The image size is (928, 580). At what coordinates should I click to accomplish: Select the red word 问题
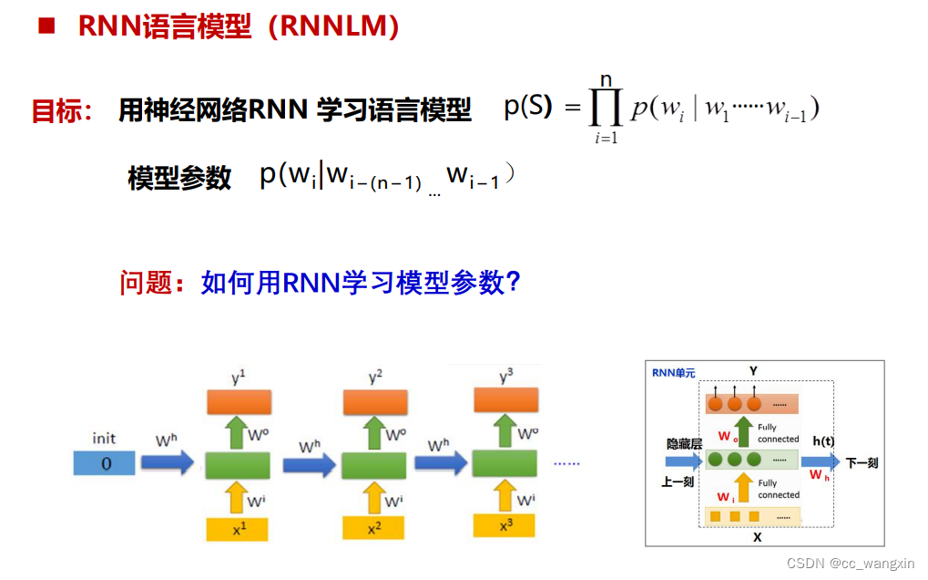(146, 283)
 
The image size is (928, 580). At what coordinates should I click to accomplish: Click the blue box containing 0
(105, 464)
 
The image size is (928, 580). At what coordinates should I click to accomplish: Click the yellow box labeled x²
(373, 528)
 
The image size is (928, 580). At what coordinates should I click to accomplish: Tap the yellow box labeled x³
(505, 525)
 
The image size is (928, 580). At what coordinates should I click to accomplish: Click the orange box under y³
(505, 399)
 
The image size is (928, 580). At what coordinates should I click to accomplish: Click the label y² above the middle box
(374, 377)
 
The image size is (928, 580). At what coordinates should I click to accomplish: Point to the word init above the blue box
(104, 439)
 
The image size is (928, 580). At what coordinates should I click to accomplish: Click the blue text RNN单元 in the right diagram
(673, 373)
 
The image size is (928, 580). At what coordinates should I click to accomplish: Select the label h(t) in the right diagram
(823, 441)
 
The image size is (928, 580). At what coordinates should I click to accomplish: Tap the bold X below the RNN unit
(757, 537)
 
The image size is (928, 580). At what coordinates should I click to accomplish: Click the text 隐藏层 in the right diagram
(684, 443)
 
